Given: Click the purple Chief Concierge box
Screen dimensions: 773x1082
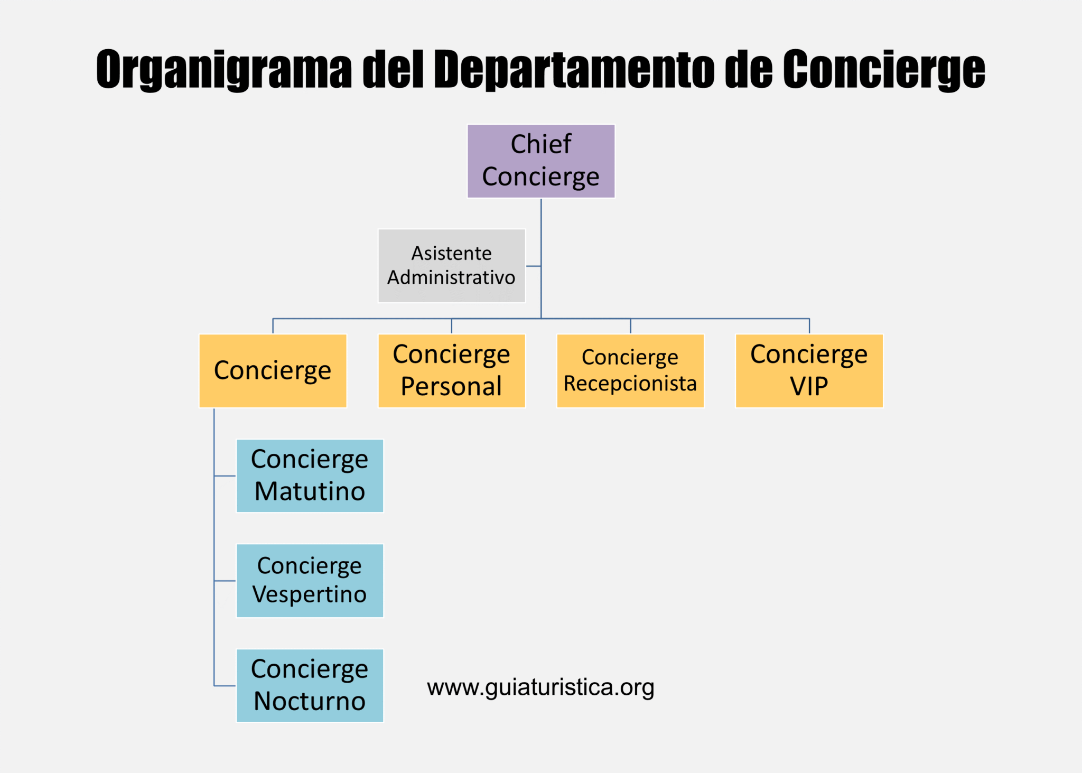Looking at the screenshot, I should [x=540, y=161].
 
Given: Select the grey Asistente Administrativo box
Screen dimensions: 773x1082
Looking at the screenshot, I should [x=451, y=266].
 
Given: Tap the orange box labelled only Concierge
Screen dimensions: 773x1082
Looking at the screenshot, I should [x=273, y=370].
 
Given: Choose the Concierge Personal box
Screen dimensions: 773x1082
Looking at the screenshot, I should [x=451, y=370].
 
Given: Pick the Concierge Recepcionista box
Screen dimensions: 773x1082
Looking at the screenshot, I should [x=630, y=370].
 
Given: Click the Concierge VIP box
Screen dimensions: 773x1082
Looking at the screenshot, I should [x=809, y=370].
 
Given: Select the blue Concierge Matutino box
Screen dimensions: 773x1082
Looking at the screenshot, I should [x=310, y=476].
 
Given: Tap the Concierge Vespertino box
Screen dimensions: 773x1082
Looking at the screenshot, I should [x=310, y=580].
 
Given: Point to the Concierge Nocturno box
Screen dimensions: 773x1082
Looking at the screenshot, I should [x=310, y=685].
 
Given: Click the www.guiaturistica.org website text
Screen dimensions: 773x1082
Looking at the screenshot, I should [x=540, y=687].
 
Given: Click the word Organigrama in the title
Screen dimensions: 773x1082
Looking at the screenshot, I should [x=224, y=70].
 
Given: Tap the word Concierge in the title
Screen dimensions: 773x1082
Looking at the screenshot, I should [x=883, y=70].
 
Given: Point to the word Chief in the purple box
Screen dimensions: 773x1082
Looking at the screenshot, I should [x=540, y=144].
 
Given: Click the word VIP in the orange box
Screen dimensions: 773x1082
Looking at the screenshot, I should [x=809, y=386].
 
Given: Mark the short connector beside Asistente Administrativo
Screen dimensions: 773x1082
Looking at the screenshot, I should [x=533, y=266].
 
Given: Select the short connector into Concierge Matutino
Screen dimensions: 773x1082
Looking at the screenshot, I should [x=225, y=476].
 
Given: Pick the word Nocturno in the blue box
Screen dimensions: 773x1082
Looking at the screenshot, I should [x=310, y=701].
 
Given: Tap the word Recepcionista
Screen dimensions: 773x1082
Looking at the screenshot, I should [x=630, y=384].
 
